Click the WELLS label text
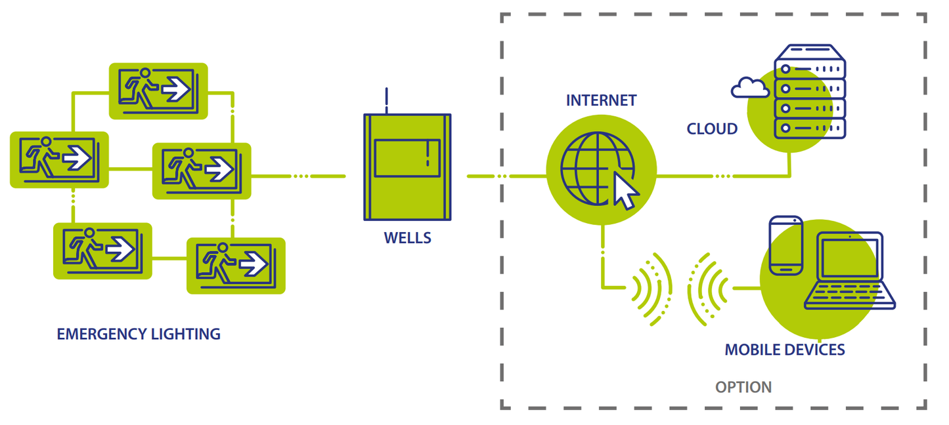point(407,237)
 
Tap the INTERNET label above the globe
point(601,100)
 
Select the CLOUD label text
point(712,129)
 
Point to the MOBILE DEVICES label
point(784,350)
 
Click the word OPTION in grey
point(743,387)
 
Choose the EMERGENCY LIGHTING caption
point(139,334)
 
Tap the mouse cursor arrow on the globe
point(625,191)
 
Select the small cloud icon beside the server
point(749,87)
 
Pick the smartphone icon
point(785,245)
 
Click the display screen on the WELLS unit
point(407,158)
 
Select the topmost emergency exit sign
point(158,91)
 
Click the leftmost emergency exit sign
point(59,159)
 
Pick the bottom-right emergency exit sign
point(236,266)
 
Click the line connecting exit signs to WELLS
point(298,176)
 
